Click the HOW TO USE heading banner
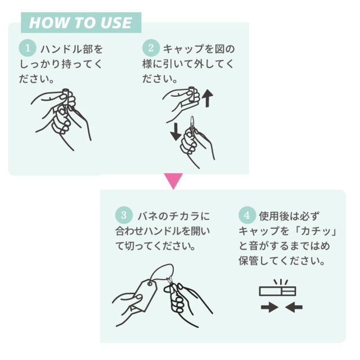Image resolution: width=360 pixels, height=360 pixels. click(81, 22)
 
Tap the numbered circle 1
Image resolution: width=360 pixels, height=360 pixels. click(28, 48)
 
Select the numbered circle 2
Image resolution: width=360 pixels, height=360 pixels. click(151, 48)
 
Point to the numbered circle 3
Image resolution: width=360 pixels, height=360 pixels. click(124, 215)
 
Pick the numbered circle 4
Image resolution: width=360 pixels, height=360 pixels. click(247, 215)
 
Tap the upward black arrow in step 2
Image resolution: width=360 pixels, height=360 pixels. click(208, 98)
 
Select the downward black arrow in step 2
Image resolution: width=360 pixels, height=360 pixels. click(176, 132)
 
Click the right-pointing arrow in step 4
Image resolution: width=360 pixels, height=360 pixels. click(269, 307)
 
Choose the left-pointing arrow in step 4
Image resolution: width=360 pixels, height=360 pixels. click(294, 307)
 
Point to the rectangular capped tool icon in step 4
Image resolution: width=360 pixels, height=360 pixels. click(277, 291)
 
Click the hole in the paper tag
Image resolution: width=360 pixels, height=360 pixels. click(150, 284)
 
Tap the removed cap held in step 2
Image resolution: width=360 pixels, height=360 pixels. click(192, 94)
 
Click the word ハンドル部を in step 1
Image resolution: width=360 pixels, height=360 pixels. click(71, 49)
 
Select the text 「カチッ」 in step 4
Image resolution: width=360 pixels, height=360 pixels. click(316, 231)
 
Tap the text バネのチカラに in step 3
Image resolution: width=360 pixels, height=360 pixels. click(174, 216)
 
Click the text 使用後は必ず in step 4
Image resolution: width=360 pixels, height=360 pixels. click(289, 216)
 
